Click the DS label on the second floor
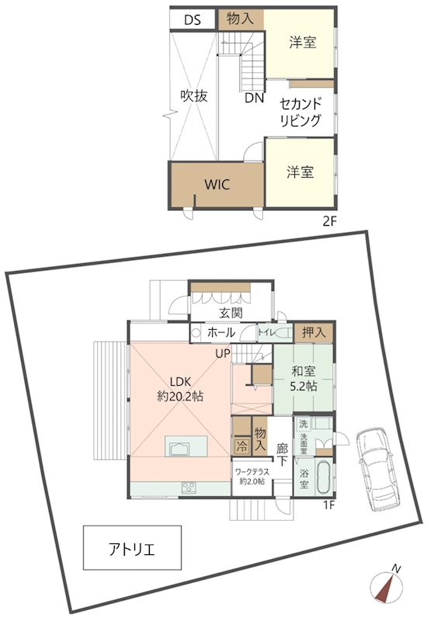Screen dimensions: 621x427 (x=193, y=20)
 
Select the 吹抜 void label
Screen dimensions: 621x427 (x=194, y=96)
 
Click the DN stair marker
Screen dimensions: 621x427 (x=253, y=99)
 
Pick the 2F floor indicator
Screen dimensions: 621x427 (x=329, y=221)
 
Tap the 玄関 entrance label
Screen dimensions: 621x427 (x=231, y=313)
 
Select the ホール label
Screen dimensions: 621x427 (x=221, y=332)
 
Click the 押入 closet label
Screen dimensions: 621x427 (x=314, y=332)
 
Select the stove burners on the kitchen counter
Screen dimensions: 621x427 (x=188, y=487)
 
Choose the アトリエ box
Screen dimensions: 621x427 (x=132, y=551)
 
